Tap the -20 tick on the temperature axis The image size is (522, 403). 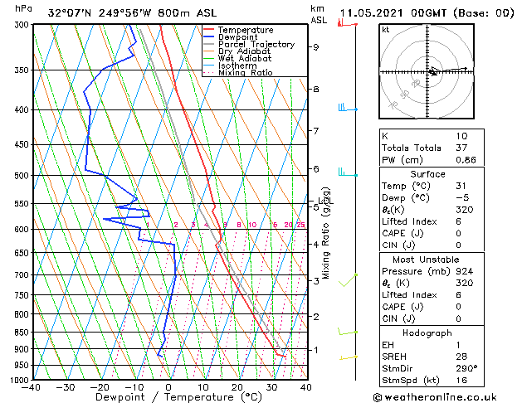99,387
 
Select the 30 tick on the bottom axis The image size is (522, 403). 271,387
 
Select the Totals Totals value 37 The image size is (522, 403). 462,148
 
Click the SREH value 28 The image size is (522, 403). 462,357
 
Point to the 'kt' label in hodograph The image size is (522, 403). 386,30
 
